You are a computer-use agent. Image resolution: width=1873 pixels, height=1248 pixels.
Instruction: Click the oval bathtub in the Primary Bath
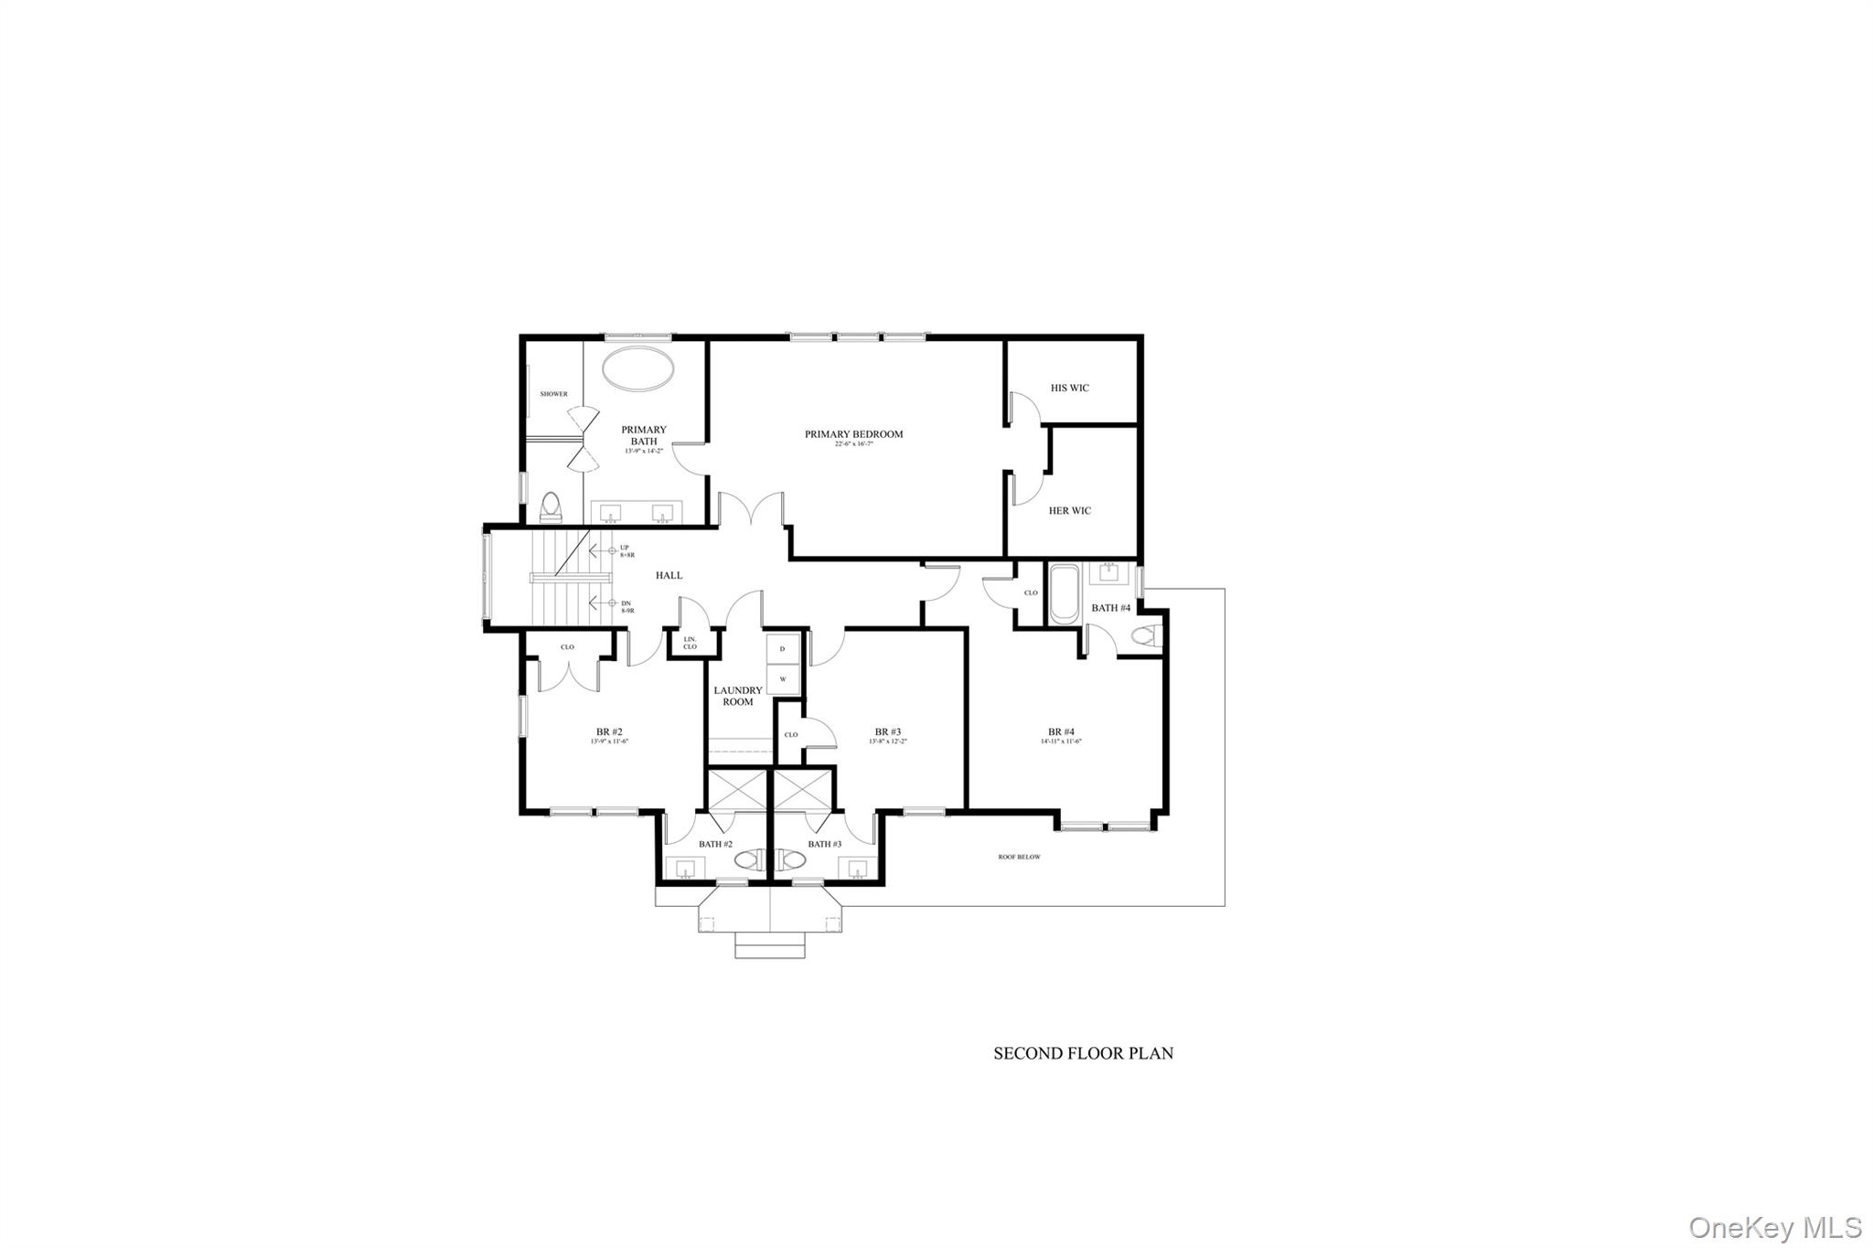(638, 369)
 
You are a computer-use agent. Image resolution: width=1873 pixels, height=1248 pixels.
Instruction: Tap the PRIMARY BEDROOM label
(853, 434)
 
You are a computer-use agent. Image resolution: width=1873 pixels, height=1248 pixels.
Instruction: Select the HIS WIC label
(1069, 388)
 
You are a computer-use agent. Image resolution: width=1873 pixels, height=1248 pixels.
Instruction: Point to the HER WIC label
(1069, 510)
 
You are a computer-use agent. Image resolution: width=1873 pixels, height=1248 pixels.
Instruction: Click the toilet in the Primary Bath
(551, 507)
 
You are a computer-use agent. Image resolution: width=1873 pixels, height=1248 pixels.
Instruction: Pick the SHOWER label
(553, 394)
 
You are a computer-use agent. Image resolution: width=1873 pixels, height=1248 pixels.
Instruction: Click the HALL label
(669, 575)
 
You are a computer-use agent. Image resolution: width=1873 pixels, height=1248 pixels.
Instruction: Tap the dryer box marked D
(782, 648)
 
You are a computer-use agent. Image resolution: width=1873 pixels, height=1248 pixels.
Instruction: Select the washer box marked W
(782, 679)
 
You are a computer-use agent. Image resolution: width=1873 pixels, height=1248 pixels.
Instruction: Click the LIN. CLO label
(690, 643)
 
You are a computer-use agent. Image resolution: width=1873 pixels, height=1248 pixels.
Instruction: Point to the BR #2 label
(609, 731)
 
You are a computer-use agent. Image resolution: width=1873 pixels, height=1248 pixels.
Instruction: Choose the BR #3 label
(887, 731)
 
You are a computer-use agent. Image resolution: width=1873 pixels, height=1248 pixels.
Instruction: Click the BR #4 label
(1061, 731)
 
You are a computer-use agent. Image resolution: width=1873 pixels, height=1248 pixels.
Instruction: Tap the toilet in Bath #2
(747, 860)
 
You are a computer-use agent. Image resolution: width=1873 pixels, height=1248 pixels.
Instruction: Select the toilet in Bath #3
(792, 860)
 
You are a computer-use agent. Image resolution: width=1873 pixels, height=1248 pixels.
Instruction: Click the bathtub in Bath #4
(1064, 595)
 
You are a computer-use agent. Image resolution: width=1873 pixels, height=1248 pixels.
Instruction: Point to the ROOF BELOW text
(1019, 857)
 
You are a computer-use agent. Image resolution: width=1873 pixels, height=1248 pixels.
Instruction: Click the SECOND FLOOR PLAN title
(1083, 1053)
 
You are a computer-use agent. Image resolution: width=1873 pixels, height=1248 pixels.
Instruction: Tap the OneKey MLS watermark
(1774, 1226)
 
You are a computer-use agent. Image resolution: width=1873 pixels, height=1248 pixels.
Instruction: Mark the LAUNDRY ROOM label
(738, 696)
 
